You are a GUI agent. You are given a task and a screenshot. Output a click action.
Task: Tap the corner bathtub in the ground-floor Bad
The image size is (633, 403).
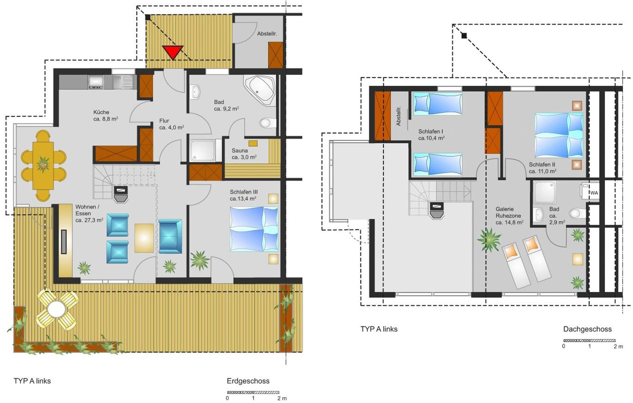click(x=260, y=90)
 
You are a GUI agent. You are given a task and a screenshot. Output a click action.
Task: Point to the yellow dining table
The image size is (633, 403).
click(x=43, y=165)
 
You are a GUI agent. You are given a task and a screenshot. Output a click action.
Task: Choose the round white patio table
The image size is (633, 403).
click(x=56, y=310)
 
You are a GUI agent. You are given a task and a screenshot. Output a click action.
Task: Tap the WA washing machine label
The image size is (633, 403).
click(x=594, y=193)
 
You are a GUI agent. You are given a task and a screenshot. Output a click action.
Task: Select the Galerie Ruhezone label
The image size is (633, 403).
click(x=509, y=216)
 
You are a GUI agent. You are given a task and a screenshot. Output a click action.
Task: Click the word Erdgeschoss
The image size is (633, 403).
click(x=248, y=381)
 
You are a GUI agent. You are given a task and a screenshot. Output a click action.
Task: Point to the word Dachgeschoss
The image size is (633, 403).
click(x=587, y=329)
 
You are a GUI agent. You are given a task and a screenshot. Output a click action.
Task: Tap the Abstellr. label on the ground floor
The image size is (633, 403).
click(x=267, y=33)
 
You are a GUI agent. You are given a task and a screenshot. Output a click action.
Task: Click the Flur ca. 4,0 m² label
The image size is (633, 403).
click(x=171, y=124)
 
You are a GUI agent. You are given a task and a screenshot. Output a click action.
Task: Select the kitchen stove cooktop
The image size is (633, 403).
click(x=96, y=82)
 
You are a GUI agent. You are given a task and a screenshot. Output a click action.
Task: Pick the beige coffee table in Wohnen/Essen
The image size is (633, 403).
click(x=144, y=238)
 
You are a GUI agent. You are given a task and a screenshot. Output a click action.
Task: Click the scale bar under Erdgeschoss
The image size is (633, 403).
click(x=253, y=392)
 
